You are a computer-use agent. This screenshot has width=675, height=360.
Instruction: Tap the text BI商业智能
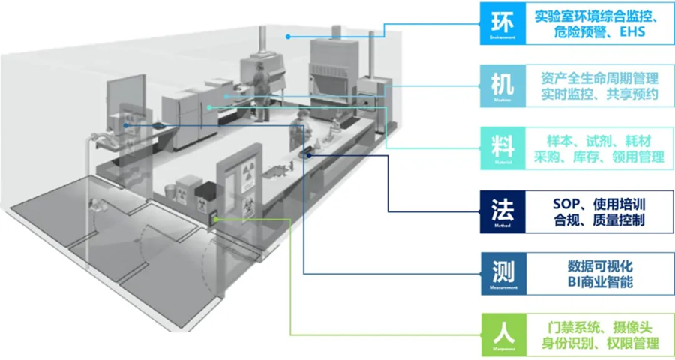pyautogui.click(x=600, y=283)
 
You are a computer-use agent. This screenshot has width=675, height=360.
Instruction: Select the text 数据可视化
pyautogui.click(x=600, y=265)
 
